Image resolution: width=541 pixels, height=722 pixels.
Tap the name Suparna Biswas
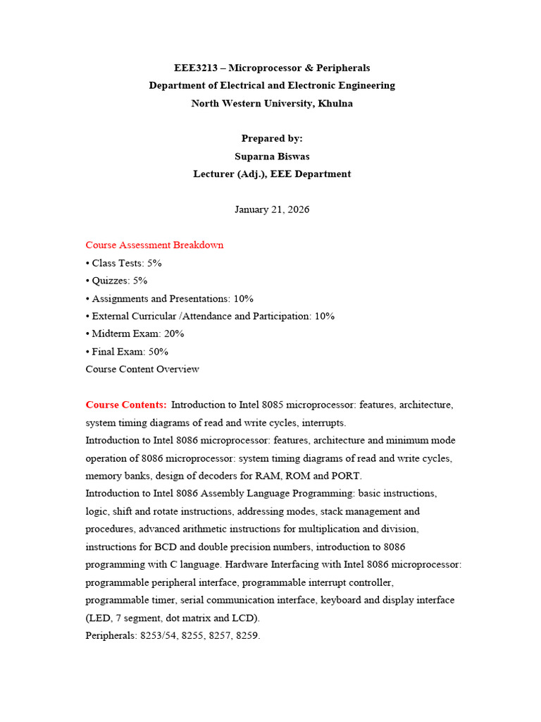(272, 156)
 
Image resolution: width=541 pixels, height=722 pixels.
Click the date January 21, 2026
(272, 209)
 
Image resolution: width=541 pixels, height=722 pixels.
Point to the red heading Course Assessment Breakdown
(154, 245)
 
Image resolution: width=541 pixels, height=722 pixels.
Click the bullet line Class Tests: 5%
(124, 263)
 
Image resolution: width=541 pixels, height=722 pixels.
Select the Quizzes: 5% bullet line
(116, 281)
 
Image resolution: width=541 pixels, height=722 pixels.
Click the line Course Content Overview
(142, 369)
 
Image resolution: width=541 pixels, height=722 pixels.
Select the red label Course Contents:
(126, 405)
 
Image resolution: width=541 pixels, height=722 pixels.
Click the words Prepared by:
(272, 138)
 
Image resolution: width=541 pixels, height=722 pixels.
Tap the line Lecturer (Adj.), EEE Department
(272, 173)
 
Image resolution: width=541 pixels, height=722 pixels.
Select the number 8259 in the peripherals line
(248, 635)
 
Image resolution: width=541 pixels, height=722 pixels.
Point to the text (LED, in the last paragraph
(97, 618)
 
